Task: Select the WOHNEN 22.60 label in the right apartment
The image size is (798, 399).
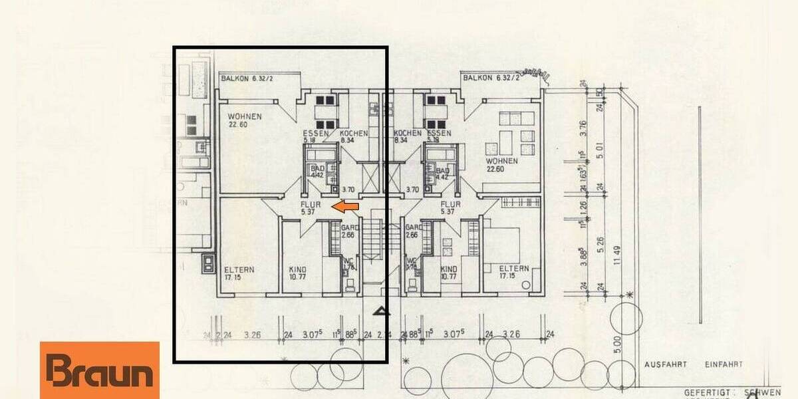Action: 502,164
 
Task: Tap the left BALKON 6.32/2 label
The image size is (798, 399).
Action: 247,78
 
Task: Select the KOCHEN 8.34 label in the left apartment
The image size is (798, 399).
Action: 353,136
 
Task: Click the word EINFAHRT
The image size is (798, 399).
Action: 722,364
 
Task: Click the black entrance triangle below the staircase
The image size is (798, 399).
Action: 380,310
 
